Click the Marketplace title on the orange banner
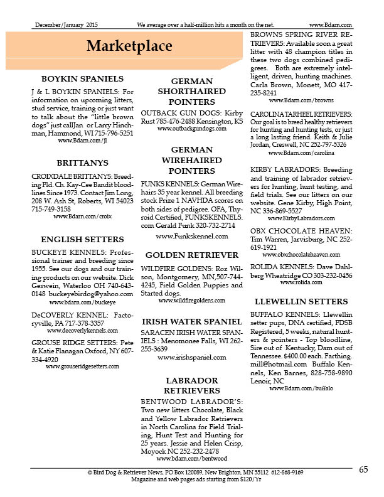tap(129, 46)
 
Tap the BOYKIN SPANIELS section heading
tap(82, 79)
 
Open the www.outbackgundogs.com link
tap(191, 129)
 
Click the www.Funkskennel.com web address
tap(191, 236)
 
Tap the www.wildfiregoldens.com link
tap(191, 301)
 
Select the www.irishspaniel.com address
tap(191, 357)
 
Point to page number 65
tap(364, 470)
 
